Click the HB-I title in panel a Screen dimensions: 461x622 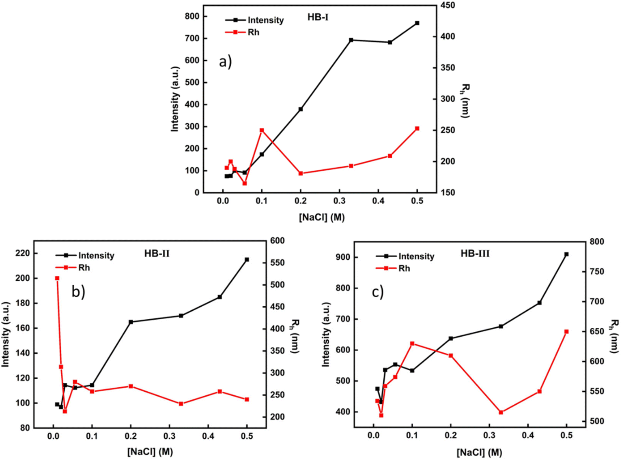pos(318,17)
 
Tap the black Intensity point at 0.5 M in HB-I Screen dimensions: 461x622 pos(417,23)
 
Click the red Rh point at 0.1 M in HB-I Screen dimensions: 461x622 pos(262,130)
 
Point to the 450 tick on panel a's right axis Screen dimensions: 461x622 pos(448,5)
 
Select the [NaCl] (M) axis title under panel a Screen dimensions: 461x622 pos(321,217)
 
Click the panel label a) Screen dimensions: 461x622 pos(225,62)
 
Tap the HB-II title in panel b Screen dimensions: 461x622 pos(157,254)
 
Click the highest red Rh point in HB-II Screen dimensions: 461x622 pos(57,278)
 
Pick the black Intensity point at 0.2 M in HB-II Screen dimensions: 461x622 pos(131,322)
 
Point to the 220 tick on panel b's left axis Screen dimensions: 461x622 pos(22,254)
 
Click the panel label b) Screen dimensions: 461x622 pos(78,292)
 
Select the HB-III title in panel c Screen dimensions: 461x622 pos(475,254)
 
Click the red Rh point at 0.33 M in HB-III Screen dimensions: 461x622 pos(501,412)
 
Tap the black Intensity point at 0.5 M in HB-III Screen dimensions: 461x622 pos(566,254)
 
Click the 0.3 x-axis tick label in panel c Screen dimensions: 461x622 pos(489,436)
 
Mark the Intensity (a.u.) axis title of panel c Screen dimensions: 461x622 pos(325,335)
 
